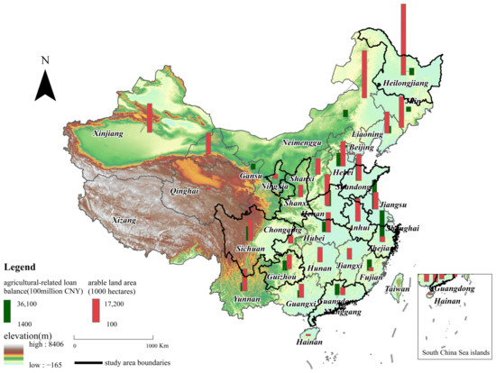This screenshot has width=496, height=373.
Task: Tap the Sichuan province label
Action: (x=250, y=247)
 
